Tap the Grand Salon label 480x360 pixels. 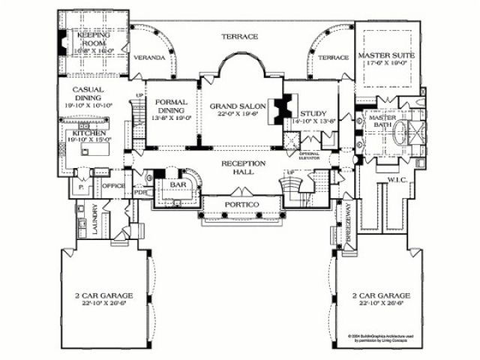click(235, 106)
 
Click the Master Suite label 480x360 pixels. click(387, 56)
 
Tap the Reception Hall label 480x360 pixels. click(239, 166)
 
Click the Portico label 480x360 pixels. click(241, 205)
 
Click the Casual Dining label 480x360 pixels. click(88, 94)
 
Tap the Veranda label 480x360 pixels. click(148, 57)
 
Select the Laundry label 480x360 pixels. click(95, 221)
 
